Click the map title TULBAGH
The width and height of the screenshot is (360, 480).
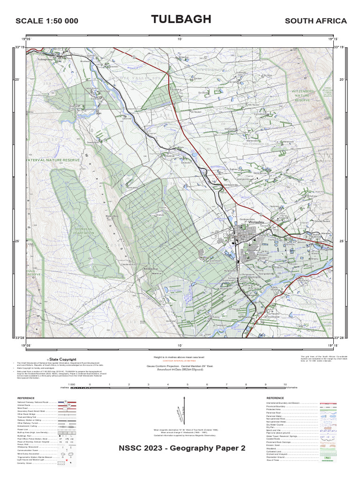tap(181, 19)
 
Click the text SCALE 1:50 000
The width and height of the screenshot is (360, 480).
tap(47, 21)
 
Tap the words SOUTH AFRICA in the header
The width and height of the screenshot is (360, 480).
tap(315, 21)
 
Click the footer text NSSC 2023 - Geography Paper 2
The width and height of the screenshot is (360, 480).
tap(182, 448)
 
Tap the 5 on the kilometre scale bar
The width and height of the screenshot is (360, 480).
tap(187, 384)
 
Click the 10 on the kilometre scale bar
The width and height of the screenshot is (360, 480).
tap(285, 384)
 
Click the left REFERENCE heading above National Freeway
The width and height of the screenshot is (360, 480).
tap(26, 398)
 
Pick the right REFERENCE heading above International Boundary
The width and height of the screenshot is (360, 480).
tap(275, 398)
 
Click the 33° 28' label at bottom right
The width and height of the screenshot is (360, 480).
tap(339, 337)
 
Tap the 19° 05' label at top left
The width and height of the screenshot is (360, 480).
tap(26, 39)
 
